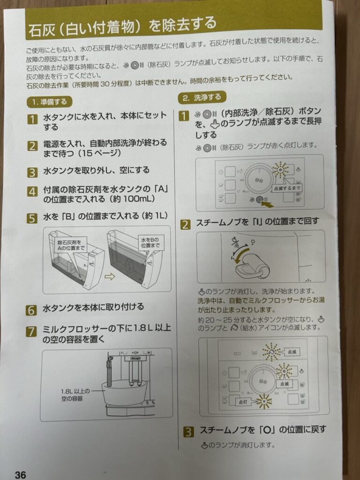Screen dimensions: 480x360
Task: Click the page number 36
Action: (20, 474)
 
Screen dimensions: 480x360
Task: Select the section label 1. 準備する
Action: (49, 102)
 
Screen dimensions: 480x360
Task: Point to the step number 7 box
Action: (31, 332)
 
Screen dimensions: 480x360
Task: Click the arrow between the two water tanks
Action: (109, 277)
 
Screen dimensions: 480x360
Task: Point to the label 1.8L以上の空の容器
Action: (75, 395)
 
